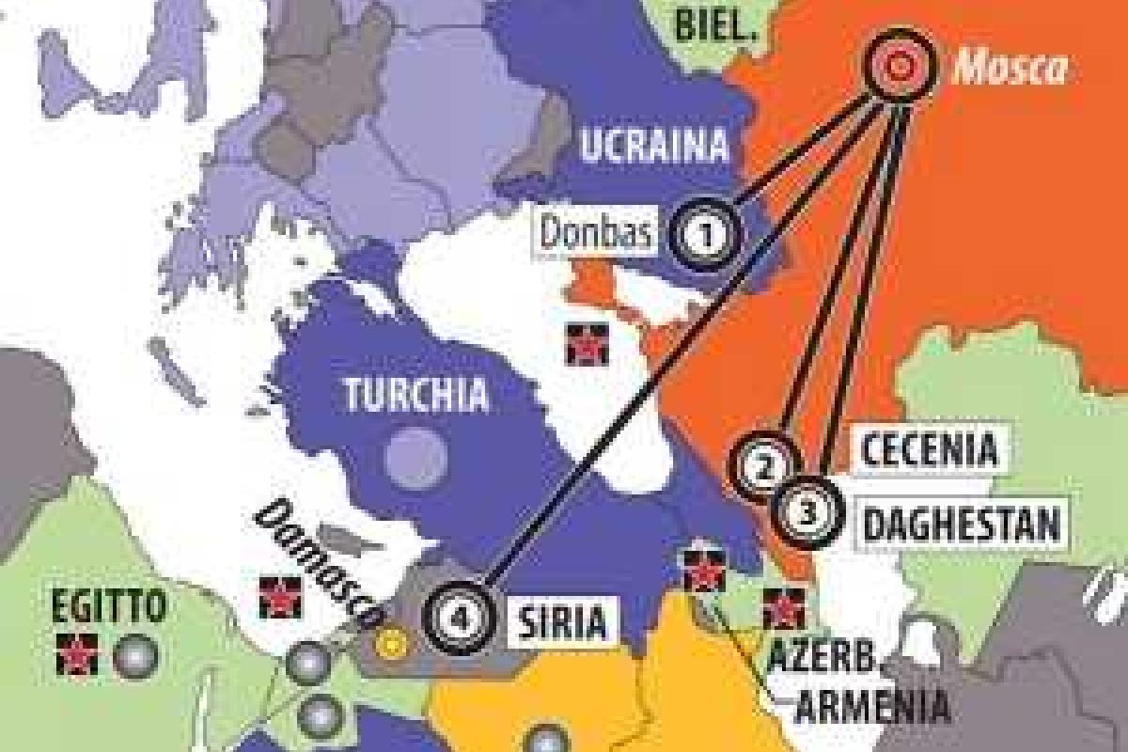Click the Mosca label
tap(1010, 67)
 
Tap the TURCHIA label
tap(417, 394)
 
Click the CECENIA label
tap(929, 449)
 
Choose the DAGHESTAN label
tap(961, 524)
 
